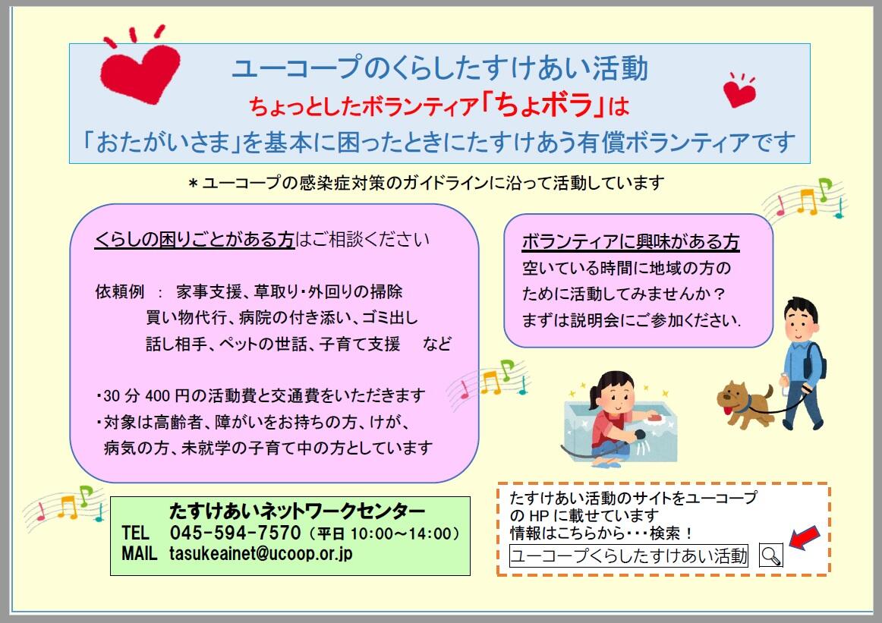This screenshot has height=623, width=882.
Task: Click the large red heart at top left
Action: (140, 73)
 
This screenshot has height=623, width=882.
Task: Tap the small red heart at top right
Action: (739, 93)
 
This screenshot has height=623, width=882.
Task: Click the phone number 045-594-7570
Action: (235, 532)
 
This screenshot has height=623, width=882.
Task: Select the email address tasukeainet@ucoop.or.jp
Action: (260, 553)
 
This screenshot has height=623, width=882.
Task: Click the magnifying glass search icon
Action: (770, 555)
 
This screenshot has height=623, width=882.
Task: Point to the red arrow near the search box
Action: (805, 537)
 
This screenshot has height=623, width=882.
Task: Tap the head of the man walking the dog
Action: (801, 319)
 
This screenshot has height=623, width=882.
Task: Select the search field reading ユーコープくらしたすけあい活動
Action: (628, 555)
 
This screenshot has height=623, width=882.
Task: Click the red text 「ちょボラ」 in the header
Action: (543, 104)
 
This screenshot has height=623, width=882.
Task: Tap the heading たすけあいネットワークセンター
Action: (297, 511)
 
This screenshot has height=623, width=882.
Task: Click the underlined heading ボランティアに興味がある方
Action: (631, 242)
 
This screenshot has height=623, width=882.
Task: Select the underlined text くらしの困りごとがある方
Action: (194, 239)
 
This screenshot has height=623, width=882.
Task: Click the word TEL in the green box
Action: (136, 533)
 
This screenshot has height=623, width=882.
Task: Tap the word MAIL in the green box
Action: (139, 553)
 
